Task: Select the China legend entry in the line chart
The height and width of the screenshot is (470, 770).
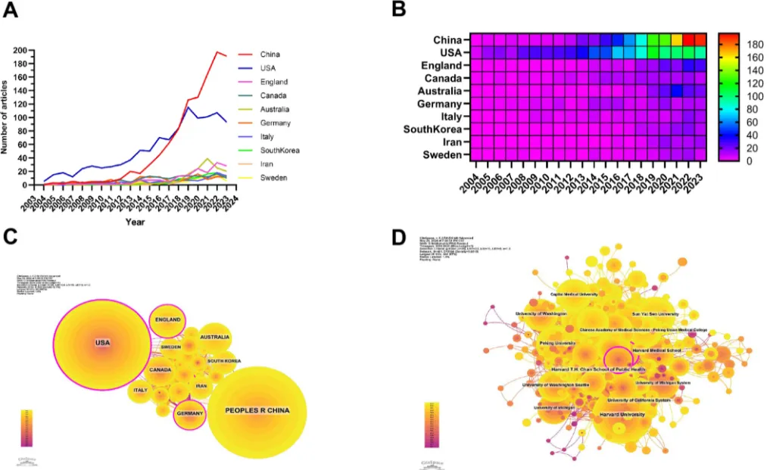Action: (x=270, y=54)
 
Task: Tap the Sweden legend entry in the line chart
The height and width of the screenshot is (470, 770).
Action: (x=272, y=178)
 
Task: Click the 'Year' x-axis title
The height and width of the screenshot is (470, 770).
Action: (x=136, y=223)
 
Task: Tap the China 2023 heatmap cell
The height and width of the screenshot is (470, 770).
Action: (x=700, y=39)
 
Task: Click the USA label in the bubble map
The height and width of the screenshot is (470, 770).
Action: (x=102, y=344)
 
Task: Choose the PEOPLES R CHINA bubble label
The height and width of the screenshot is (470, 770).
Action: (x=257, y=411)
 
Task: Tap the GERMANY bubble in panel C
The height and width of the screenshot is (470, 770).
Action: (x=190, y=414)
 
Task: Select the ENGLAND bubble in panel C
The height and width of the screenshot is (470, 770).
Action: (x=167, y=320)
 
